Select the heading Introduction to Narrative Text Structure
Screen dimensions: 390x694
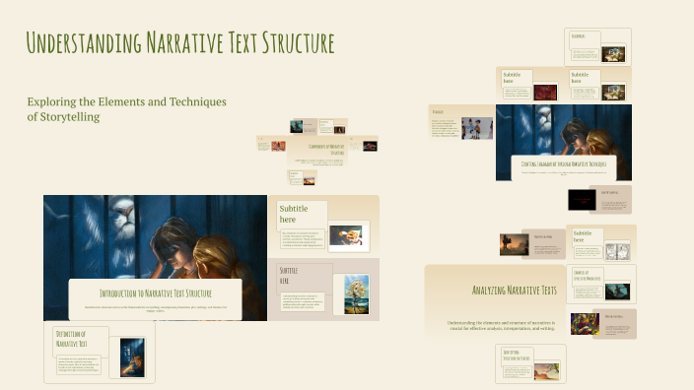click(156, 293)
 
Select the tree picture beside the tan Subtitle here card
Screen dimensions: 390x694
click(356, 293)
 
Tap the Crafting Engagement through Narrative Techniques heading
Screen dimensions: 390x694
click(563, 163)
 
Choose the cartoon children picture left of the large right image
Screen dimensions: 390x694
click(476, 128)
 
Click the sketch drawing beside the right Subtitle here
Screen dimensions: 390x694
click(617, 251)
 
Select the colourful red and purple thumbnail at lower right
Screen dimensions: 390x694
click(585, 323)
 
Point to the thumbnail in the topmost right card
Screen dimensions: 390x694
click(613, 53)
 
